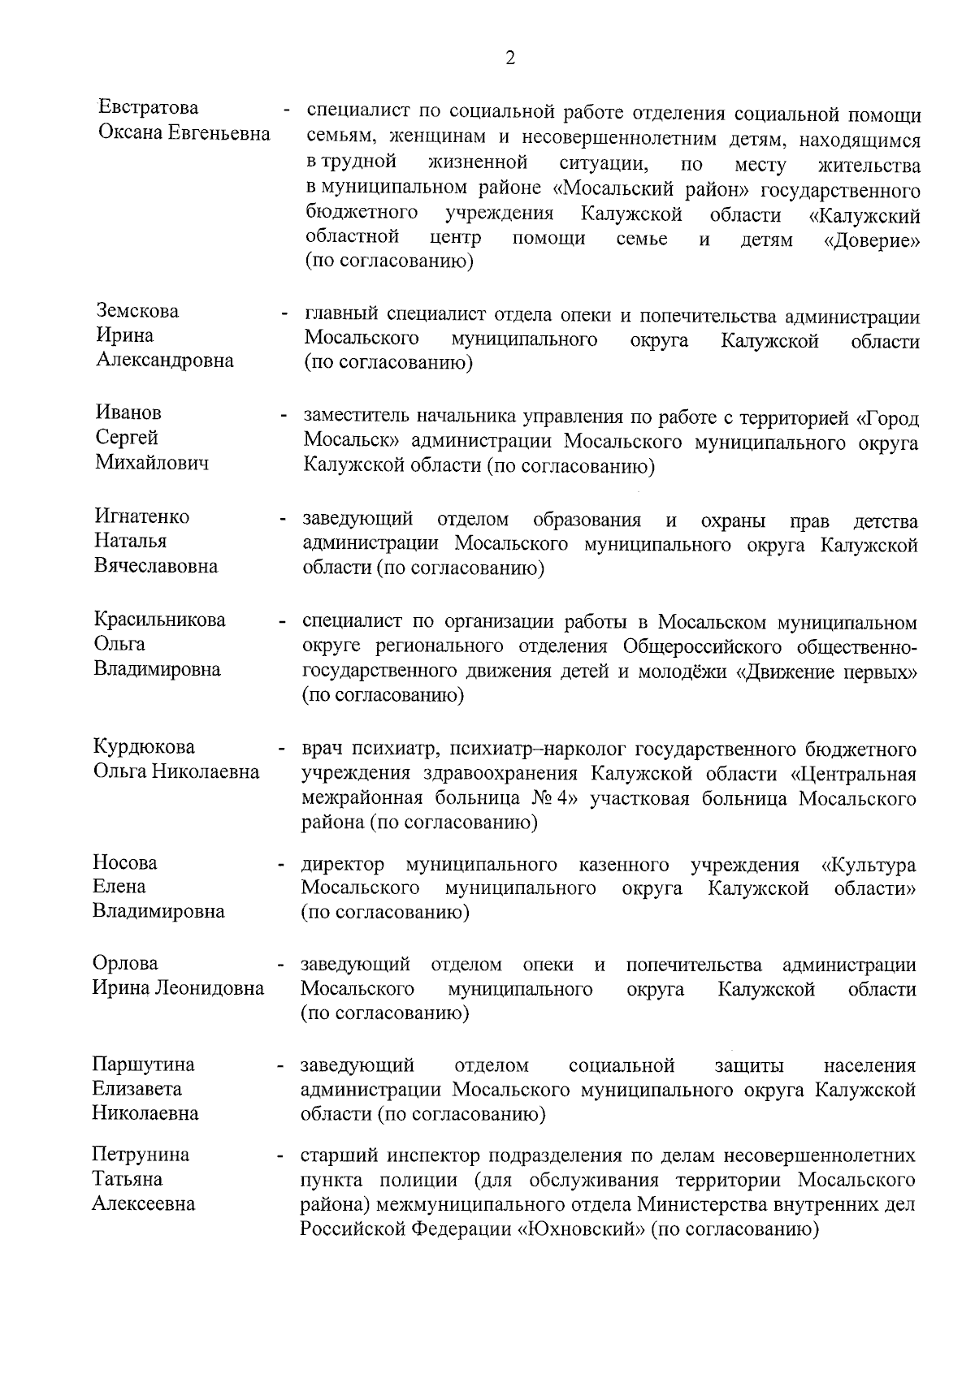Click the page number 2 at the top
509,58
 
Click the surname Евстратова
147,108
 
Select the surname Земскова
137,312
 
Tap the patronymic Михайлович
152,463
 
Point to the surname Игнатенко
142,517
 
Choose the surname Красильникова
159,620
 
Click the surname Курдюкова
144,747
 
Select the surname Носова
125,862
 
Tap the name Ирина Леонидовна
178,988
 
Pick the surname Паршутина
144,1065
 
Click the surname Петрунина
141,1155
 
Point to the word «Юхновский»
581,1229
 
